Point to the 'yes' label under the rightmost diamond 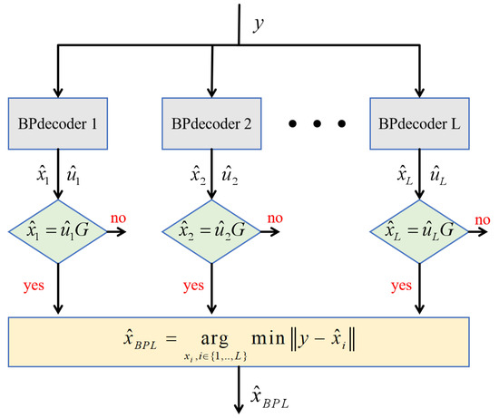(x=400, y=284)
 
